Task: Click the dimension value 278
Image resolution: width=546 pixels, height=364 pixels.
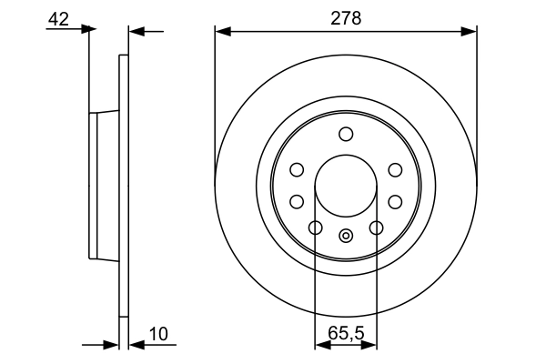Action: point(346,16)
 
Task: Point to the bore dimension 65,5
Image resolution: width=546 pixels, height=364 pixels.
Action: point(346,333)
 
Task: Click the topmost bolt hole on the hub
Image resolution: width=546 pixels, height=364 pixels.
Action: point(346,135)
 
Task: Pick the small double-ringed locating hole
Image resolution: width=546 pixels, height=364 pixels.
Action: point(346,237)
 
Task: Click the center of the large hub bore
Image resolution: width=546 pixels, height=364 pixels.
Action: point(346,186)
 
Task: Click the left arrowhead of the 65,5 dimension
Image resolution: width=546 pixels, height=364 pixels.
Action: point(320,346)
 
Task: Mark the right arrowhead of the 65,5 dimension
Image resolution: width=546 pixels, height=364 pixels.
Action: point(371,346)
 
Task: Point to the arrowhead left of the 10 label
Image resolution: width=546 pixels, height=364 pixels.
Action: point(136,346)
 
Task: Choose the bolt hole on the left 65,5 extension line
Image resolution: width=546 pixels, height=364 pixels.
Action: point(316,227)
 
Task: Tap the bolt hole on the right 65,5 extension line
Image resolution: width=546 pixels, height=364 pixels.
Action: point(376,227)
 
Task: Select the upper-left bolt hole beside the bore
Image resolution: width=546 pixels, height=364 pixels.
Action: point(297,169)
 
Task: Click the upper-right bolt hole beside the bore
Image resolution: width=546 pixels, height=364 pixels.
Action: point(395,169)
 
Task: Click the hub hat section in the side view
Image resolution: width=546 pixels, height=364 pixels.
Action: point(104,186)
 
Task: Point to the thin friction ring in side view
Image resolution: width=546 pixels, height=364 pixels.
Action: point(124,186)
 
